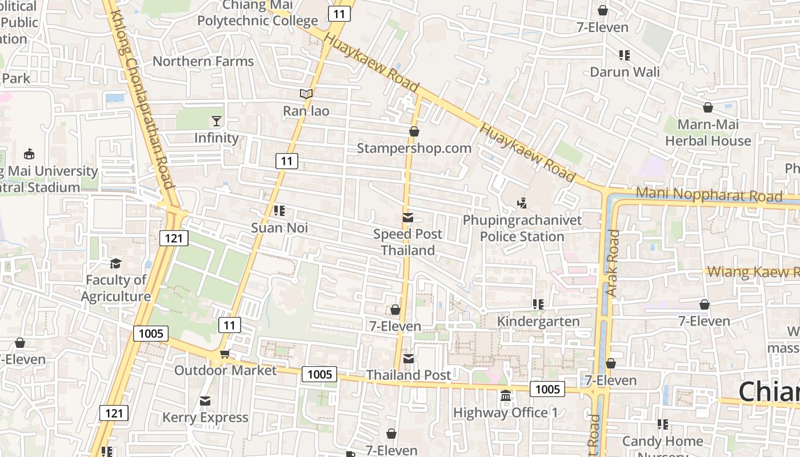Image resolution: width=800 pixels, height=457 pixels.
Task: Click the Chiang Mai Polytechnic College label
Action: click(258, 14)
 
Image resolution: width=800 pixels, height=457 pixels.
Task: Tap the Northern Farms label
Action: click(203, 61)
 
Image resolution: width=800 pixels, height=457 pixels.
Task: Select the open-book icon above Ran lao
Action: click(306, 94)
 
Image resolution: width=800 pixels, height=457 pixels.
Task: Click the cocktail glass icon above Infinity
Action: click(217, 121)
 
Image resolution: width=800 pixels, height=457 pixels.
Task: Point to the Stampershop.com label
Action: click(414, 149)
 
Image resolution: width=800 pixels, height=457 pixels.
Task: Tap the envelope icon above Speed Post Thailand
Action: click(408, 218)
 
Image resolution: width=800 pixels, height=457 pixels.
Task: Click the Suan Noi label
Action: click(279, 228)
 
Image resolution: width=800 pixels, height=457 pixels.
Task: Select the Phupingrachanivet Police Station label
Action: click(522, 228)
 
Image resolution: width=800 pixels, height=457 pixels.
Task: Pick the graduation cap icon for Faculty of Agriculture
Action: click(116, 263)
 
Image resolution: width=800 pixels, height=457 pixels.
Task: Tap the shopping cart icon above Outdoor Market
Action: click(225, 354)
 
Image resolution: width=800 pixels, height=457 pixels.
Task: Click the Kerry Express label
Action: click(205, 418)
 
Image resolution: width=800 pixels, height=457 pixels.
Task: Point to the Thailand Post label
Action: click(409, 375)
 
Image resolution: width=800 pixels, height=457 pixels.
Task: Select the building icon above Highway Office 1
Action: click(506, 395)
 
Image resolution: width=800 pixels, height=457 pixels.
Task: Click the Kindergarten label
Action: click(538, 322)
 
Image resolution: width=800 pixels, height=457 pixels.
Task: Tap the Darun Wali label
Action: click(625, 72)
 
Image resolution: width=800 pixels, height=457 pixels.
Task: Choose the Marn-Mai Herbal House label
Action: click(708, 133)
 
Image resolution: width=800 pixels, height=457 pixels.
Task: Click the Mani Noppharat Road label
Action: click(709, 194)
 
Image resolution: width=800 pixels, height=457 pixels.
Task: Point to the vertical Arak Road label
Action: click(612, 263)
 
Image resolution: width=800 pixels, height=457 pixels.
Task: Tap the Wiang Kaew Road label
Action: click(753, 272)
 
